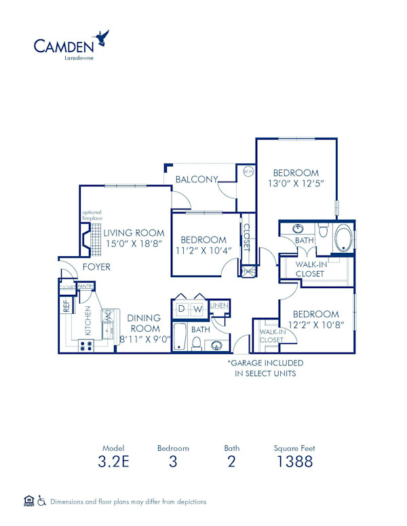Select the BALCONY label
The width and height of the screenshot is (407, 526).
(196, 180)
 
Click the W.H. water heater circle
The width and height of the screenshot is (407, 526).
(248, 171)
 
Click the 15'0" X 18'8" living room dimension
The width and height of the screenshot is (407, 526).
(134, 245)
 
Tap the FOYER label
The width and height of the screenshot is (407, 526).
(96, 267)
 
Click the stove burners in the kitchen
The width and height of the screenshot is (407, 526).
(87, 344)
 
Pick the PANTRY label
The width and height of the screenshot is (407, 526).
(85, 287)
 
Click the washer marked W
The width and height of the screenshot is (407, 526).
(197, 309)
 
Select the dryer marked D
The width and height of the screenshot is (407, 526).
(181, 309)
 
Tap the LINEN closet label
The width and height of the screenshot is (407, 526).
(218, 306)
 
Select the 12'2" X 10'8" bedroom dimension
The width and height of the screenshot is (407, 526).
(315, 325)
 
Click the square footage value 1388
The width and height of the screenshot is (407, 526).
(294, 462)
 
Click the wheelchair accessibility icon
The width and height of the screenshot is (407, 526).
(42, 501)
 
